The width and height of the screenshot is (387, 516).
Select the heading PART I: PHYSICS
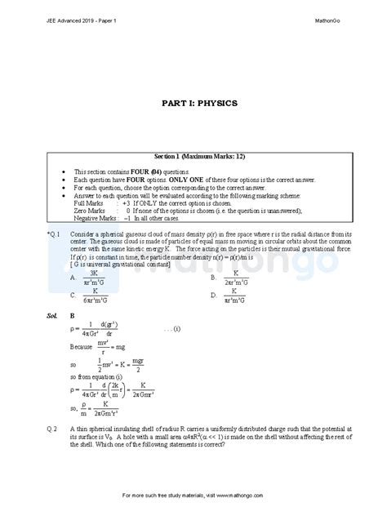(193, 105)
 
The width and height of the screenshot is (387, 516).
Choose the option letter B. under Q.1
(213, 277)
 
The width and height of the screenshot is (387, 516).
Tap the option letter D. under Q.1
(213, 296)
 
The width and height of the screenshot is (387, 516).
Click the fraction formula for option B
(236, 277)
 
